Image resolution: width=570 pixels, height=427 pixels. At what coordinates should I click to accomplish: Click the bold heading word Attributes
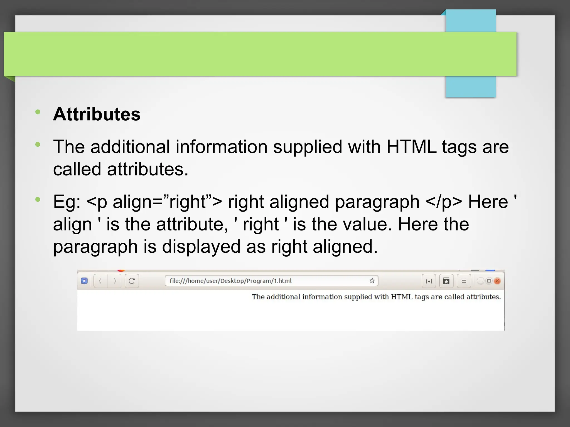(x=97, y=114)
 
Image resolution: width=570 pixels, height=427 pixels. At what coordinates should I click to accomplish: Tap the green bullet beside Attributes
(x=38, y=112)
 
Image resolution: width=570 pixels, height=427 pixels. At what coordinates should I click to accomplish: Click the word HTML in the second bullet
(x=411, y=147)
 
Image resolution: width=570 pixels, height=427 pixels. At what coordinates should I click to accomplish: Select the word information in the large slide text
(x=221, y=147)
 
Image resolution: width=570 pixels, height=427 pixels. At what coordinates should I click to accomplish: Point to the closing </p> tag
(x=444, y=202)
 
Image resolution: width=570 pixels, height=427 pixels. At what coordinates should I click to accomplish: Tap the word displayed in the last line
(x=201, y=247)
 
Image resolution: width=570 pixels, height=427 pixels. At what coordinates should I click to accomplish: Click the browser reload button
(x=132, y=281)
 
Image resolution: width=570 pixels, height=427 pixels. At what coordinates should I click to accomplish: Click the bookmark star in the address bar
(x=372, y=281)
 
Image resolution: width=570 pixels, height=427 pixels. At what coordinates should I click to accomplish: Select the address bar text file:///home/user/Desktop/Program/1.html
(x=230, y=281)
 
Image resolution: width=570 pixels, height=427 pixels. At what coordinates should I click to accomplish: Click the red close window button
(x=497, y=281)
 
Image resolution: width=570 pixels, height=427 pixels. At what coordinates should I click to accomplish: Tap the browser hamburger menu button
(x=464, y=281)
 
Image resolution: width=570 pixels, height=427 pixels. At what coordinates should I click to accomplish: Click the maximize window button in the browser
(x=489, y=281)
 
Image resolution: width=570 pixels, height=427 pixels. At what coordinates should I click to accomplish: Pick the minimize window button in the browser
(x=480, y=281)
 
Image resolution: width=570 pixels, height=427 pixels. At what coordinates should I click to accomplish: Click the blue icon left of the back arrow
(x=84, y=281)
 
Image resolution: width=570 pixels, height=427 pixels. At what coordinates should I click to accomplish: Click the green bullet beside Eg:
(x=38, y=199)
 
